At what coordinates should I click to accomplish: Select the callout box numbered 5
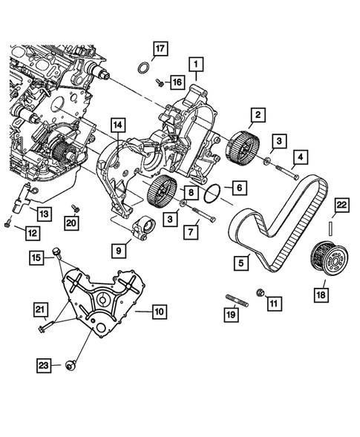pyautogui.click(x=242, y=261)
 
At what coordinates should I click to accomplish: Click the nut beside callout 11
pyautogui.click(x=260, y=291)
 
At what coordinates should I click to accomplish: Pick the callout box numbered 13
pyautogui.click(x=45, y=214)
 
